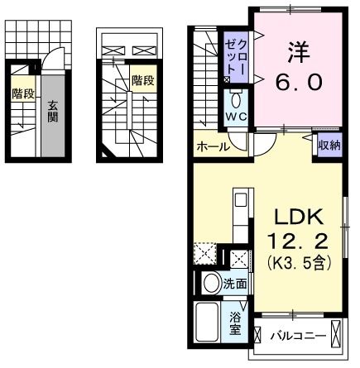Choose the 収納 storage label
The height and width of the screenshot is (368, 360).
click(x=330, y=146)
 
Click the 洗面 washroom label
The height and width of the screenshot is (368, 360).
click(x=235, y=284)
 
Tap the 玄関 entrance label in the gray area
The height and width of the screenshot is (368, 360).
click(x=52, y=111)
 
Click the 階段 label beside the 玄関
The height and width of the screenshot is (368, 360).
click(x=22, y=94)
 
